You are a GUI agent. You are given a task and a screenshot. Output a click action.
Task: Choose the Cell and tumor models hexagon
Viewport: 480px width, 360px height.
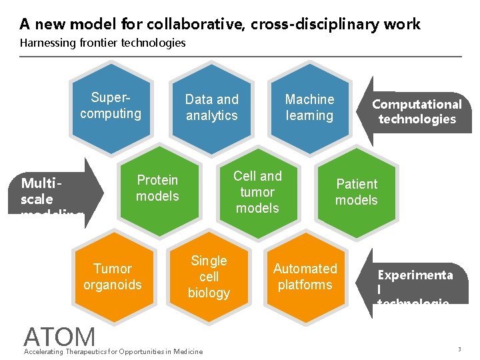coord(257,192)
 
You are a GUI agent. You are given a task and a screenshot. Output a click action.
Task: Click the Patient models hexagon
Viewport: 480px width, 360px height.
coord(356,192)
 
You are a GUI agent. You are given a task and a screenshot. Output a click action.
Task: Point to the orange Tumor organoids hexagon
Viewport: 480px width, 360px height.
coord(112,277)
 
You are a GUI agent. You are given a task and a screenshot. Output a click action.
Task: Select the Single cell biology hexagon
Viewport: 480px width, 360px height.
coord(209,277)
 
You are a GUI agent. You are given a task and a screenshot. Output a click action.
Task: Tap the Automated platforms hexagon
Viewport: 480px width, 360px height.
coord(305,277)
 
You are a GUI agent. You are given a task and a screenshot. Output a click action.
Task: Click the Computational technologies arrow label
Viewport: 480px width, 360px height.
coord(416,112)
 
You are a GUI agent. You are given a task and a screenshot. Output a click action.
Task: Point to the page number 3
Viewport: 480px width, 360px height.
coord(459,350)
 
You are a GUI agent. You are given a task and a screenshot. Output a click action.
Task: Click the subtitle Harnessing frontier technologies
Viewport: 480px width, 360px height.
coord(103,43)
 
